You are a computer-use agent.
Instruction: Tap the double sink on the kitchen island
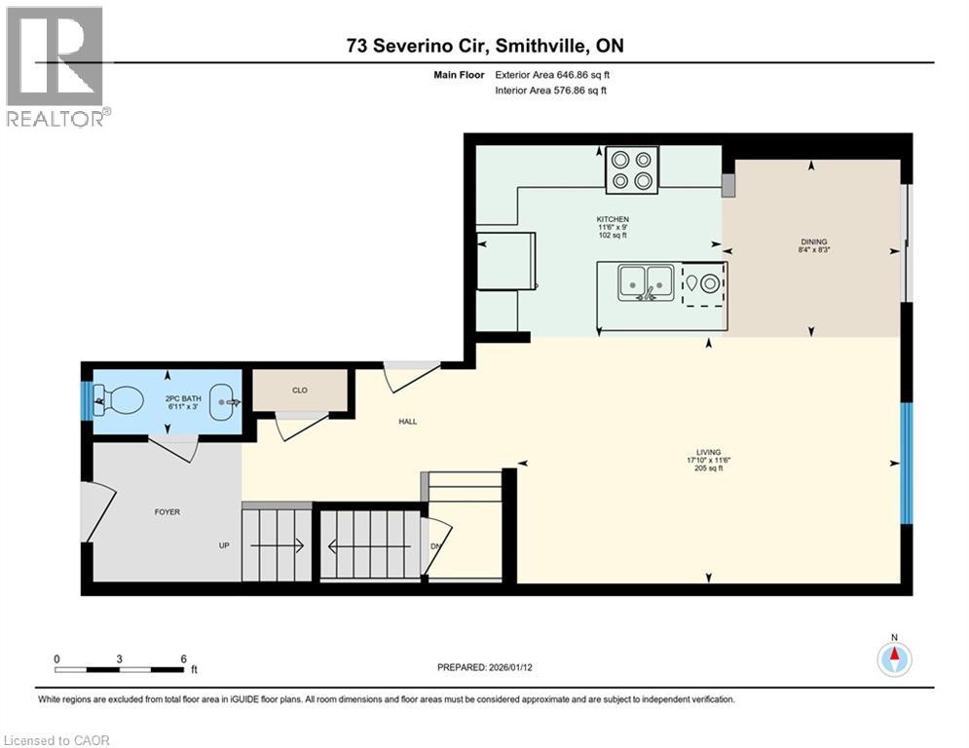click(646, 282)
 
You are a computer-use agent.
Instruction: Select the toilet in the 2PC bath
click(122, 399)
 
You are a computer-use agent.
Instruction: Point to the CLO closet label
click(300, 391)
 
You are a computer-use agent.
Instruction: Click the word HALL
click(407, 422)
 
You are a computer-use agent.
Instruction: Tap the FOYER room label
click(167, 511)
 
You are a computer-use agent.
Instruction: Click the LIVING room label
click(708, 452)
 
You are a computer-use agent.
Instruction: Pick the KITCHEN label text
click(613, 219)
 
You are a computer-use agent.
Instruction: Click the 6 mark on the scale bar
click(183, 659)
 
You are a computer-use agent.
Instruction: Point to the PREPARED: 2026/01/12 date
click(484, 667)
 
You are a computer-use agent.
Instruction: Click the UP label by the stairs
click(224, 545)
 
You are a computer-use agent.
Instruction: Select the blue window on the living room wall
click(907, 464)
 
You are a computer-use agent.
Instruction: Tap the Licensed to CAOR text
click(57, 740)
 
